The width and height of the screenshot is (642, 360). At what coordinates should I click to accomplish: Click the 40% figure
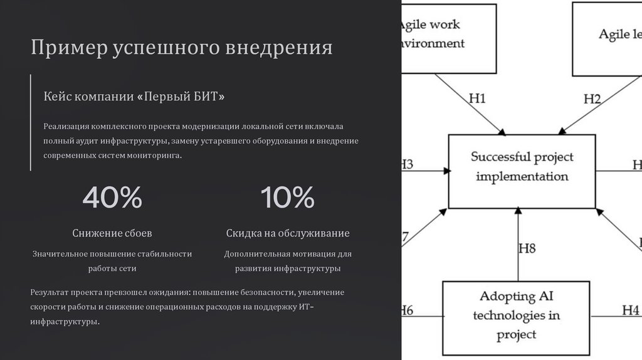(x=112, y=198)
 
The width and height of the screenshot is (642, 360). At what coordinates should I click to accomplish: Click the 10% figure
(x=288, y=198)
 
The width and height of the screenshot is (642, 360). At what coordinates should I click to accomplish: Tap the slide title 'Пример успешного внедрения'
(x=182, y=48)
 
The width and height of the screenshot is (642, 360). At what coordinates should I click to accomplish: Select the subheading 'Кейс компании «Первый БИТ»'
(x=134, y=97)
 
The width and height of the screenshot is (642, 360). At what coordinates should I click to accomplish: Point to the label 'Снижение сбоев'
(x=112, y=233)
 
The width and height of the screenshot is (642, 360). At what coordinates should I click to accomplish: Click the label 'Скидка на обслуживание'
(x=288, y=233)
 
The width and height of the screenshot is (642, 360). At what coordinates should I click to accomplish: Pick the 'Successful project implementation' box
(x=522, y=171)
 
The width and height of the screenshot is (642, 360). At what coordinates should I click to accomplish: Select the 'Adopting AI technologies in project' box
(x=516, y=314)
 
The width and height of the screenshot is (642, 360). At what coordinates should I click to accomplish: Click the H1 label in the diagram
(x=477, y=98)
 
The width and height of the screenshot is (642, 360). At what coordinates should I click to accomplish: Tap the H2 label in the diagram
(x=592, y=99)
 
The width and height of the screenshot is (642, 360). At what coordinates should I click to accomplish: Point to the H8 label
(x=527, y=248)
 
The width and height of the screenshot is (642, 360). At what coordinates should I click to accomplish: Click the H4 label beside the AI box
(x=630, y=310)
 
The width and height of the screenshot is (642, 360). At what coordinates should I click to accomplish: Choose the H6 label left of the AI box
(x=406, y=310)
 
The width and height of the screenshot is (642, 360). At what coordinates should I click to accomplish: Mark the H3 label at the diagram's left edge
(x=406, y=165)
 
